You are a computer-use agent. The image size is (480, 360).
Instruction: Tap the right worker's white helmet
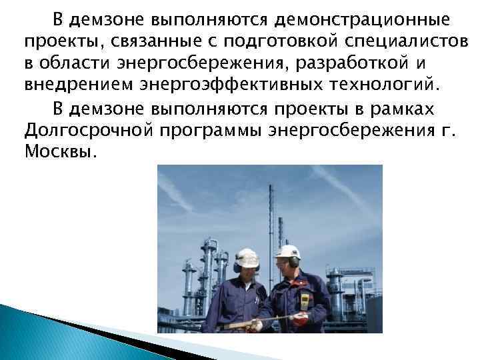tap(287, 252)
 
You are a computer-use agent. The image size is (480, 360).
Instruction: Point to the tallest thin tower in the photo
tap(273, 200)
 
